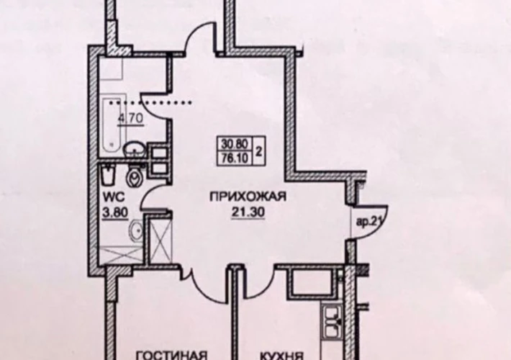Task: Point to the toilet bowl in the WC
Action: coord(134,176)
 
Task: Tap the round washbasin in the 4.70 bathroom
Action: coord(134,149)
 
